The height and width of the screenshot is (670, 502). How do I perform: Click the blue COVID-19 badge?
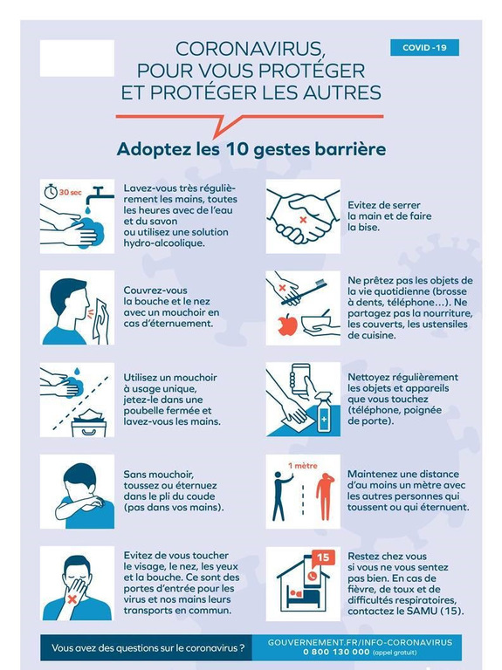424,47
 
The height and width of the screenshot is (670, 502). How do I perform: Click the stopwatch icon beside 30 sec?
51,191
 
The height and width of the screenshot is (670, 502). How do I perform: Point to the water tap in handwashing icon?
99,197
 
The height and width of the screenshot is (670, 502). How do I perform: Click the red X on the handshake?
303,220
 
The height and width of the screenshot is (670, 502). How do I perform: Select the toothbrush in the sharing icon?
304,292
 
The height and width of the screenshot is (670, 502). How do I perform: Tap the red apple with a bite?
287,325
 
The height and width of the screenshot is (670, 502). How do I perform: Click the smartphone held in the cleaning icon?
300,379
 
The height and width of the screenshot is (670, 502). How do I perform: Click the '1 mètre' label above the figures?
303,466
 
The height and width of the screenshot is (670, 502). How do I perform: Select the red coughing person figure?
325,496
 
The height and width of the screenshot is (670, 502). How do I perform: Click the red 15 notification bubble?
323,557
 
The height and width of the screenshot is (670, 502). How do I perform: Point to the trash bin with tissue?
89,422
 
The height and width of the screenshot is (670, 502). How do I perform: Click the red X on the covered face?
72,599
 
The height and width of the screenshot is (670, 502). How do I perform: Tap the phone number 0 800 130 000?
336,652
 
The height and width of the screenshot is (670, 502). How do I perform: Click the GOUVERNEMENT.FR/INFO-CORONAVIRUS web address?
360,642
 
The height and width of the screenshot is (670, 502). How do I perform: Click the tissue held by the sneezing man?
102,320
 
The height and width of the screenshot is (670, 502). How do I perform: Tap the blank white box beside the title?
77,58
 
